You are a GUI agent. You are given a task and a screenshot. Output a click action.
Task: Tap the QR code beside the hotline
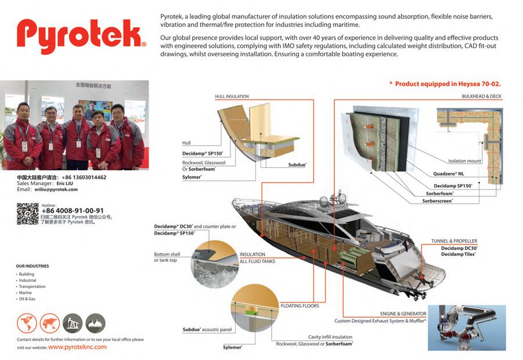tap(27, 213)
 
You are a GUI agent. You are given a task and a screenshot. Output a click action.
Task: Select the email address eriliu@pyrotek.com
tap(55, 189)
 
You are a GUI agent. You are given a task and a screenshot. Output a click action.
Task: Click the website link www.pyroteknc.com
tap(77, 347)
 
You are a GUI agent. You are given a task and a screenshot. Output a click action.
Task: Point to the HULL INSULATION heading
tap(232, 96)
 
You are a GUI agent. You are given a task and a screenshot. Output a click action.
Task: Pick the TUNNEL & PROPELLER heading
tap(454, 241)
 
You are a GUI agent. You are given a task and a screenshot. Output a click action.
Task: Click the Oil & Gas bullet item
tap(27, 298)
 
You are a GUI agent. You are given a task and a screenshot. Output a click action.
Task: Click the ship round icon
tap(95, 323)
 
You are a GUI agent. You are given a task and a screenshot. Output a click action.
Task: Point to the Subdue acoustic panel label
tap(207, 330)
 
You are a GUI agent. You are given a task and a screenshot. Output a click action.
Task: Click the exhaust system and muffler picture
tap(466, 327)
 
